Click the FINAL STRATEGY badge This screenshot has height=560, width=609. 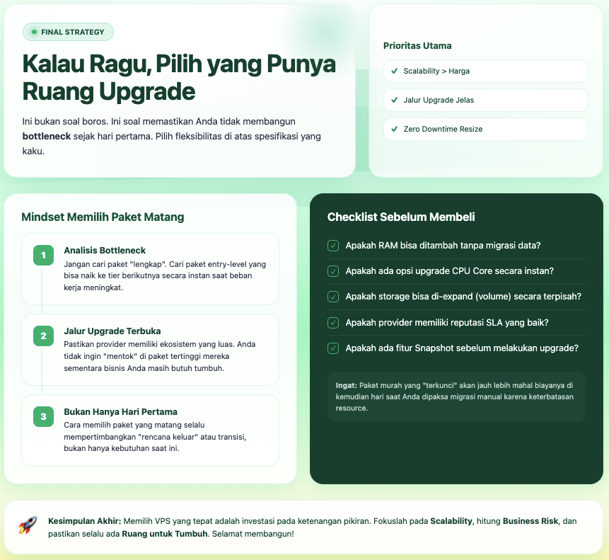pyautogui.click(x=69, y=32)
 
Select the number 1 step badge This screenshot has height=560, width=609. pyautogui.click(x=43, y=255)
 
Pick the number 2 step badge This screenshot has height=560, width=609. pyautogui.click(x=43, y=336)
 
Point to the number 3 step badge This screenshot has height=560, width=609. pyautogui.click(x=43, y=416)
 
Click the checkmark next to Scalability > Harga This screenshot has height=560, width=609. pyautogui.click(x=394, y=71)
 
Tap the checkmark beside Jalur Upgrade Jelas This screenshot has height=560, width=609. pyautogui.click(x=394, y=100)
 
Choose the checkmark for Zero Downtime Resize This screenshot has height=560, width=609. pyautogui.click(x=394, y=129)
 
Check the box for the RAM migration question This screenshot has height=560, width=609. pyautogui.click(x=333, y=246)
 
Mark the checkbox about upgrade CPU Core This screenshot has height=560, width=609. pyautogui.click(x=333, y=271)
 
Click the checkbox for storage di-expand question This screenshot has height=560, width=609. pyautogui.click(x=333, y=297)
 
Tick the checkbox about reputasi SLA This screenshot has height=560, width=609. pyautogui.click(x=333, y=322)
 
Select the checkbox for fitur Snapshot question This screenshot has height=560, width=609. pyautogui.click(x=333, y=348)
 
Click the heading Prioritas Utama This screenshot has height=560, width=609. pyautogui.click(x=417, y=46)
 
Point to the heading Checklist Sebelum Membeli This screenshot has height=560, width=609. pyautogui.click(x=401, y=217)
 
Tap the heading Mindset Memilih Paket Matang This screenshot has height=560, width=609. pyautogui.click(x=103, y=217)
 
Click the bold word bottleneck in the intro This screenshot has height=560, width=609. pyautogui.click(x=52, y=136)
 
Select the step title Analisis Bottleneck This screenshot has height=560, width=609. pyautogui.click(x=105, y=250)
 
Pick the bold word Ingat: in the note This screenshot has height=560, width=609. pyautogui.click(x=347, y=386)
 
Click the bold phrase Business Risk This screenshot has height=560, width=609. pyautogui.click(x=530, y=521)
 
